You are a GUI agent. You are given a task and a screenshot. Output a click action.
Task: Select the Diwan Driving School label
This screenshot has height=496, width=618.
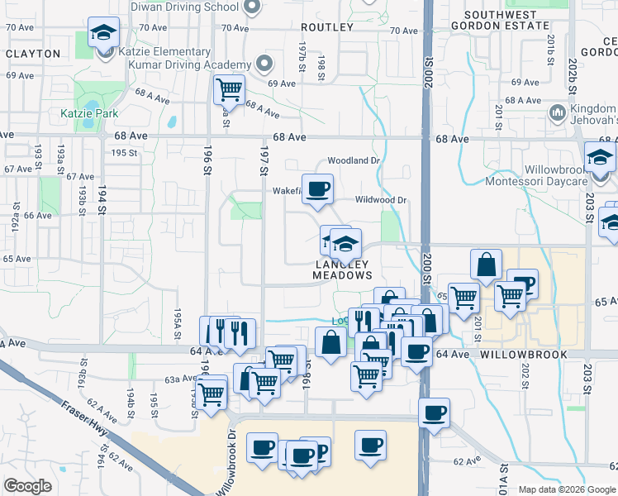click(185, 7)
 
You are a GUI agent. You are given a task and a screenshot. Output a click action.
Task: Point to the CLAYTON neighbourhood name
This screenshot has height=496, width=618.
click(32, 54)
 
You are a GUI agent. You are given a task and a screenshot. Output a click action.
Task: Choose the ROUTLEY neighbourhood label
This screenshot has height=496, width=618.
click(328, 27)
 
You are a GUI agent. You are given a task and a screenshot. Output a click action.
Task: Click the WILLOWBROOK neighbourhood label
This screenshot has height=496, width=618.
click(525, 354)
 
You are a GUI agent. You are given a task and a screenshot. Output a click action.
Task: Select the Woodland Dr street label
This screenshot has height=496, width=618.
click(353, 160)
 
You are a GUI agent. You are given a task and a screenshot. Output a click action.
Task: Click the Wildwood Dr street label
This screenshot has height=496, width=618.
click(381, 200)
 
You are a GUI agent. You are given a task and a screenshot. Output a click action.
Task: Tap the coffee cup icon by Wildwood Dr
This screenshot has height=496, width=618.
click(317, 189)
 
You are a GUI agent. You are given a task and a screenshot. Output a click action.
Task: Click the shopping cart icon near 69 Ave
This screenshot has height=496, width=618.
click(228, 88)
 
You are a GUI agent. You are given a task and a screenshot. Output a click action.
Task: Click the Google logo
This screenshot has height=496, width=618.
click(27, 486)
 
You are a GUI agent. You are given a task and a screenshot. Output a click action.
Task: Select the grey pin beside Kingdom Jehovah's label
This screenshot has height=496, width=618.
click(557, 112)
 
